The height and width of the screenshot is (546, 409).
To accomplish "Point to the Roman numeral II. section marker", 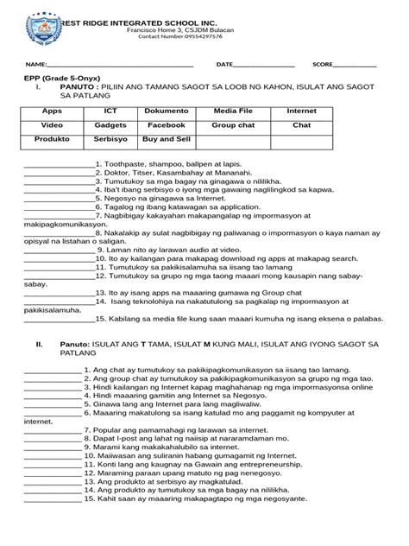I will (39, 344).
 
